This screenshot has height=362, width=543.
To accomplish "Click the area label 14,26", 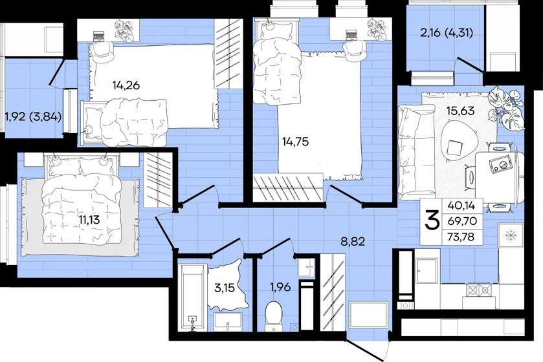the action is coord(126,85).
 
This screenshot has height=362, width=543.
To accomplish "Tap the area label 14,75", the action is coord(295,142).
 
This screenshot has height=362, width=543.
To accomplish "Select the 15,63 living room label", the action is coord(460,111).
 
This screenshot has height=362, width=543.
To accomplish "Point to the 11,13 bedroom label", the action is coord(89,219).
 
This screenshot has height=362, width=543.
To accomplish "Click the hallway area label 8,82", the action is coord(353,241).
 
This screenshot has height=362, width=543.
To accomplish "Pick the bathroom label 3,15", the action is coord(225,288).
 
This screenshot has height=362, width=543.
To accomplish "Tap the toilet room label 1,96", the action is coord(280,287).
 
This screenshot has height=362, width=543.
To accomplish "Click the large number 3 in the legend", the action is coord(432,221).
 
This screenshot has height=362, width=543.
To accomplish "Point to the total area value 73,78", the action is coord(461,237).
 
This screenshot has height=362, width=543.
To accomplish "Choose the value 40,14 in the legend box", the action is coord(461,206).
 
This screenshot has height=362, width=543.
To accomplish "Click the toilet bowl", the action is coord(274,315).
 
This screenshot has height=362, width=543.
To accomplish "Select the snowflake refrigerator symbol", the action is coord(511,236).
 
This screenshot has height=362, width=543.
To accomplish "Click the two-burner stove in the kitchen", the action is coord(480,290).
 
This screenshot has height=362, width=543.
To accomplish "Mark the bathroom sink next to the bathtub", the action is coord(228,322).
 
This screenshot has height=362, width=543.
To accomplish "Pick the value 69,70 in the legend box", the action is coord(461,221).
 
